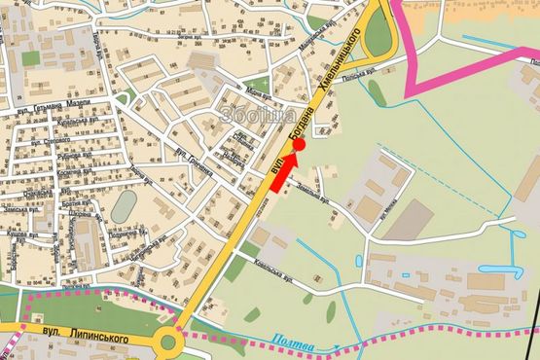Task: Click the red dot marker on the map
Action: [x=300, y=145]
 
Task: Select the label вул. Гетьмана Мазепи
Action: [x=58, y=104]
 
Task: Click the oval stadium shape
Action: [x=125, y=206]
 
